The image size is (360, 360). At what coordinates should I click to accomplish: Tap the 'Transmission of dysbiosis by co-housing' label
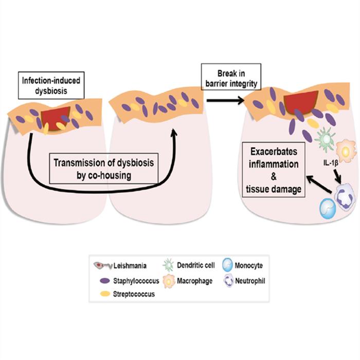click(104, 169)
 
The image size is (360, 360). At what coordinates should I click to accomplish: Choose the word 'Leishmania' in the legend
click(131, 266)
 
